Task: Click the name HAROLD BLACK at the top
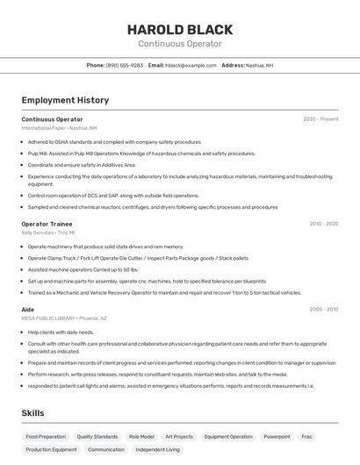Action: tap(179, 28)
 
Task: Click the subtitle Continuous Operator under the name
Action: tap(179, 44)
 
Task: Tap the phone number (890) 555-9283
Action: tap(125, 65)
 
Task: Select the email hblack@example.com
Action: tap(191, 65)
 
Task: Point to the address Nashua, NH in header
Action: tap(259, 65)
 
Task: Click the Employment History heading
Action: tap(65, 100)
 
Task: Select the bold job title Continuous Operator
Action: tap(52, 119)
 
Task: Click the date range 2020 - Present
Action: tap(320, 119)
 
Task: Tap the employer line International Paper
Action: tap(59, 128)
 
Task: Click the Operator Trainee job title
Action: tap(47, 224)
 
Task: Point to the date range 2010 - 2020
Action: tap(323, 224)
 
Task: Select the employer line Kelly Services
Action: tap(47, 232)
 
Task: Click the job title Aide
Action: tap(28, 310)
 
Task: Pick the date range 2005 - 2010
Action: tap(323, 310)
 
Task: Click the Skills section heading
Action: tap(33, 413)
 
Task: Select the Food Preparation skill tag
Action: tap(46, 436)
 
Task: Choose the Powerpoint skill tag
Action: tap(277, 436)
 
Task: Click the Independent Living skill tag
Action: tap(157, 449)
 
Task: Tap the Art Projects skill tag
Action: tap(178, 436)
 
